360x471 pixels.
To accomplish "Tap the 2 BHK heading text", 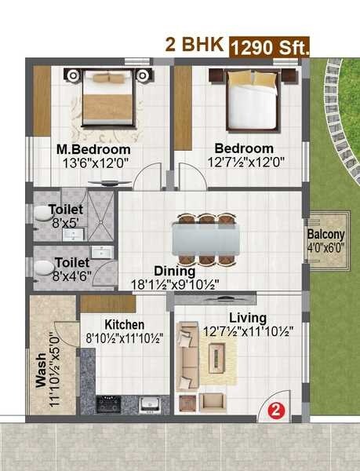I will [x=194, y=45].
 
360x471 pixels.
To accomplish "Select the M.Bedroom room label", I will [x=93, y=149].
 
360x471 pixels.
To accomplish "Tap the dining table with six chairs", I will [x=205, y=238].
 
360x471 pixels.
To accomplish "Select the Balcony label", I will [x=325, y=235].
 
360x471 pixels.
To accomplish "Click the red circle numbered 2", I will [x=275, y=408].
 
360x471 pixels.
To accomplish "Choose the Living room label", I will [x=247, y=317].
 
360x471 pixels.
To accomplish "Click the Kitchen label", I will [x=124, y=324].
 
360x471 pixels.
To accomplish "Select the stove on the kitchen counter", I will [x=108, y=404].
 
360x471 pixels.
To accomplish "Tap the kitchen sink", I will [x=149, y=404].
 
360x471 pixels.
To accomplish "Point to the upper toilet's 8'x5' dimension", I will [x=66, y=223].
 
